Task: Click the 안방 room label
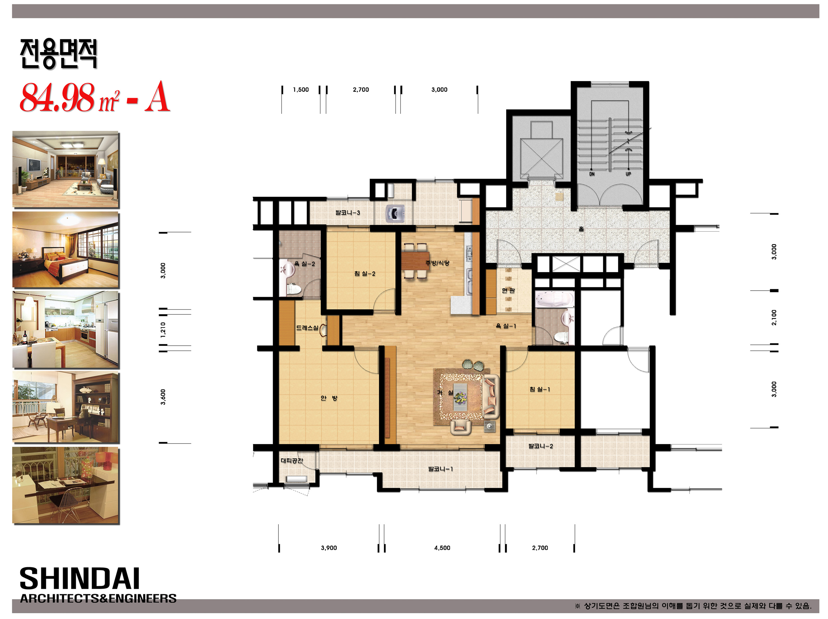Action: point(329,398)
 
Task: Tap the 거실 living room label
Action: point(445,392)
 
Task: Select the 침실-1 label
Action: point(539,389)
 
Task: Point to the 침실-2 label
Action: point(365,274)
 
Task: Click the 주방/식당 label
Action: point(437,263)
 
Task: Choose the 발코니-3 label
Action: point(348,212)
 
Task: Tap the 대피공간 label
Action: point(292,461)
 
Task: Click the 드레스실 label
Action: point(307,328)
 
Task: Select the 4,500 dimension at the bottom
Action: point(442,548)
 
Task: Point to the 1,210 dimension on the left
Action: point(163,329)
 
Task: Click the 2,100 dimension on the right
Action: point(774,318)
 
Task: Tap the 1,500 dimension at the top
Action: point(301,90)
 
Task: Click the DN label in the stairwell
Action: point(592,174)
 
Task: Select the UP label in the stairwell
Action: point(628,174)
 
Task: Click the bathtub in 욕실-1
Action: point(554,299)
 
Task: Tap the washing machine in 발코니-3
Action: point(395,213)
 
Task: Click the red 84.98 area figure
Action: point(57,97)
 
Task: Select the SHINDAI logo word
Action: point(79,579)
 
